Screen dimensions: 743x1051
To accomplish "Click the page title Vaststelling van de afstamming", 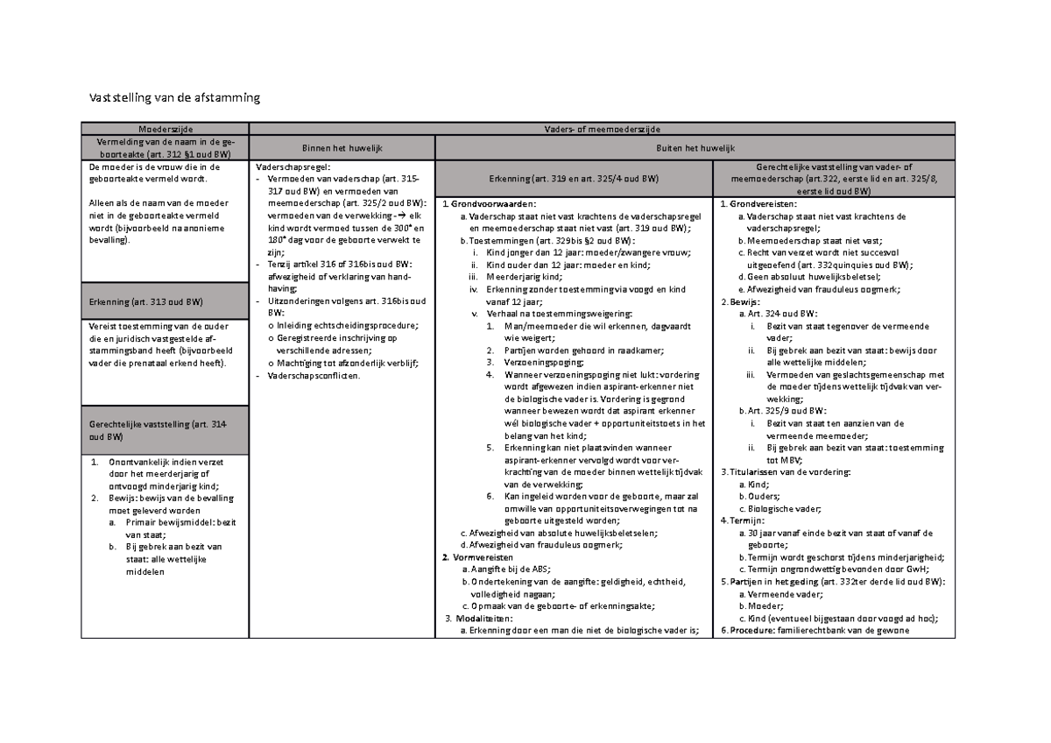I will click(171, 98).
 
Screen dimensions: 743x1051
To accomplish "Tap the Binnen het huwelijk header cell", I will click(343, 149).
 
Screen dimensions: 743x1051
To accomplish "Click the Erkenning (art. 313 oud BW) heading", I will click(146, 302).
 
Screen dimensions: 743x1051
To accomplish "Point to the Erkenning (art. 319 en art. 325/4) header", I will click(574, 179).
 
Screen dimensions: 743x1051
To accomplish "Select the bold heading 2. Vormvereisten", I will click(478, 557).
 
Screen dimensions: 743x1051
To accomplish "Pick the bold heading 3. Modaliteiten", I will click(478, 618).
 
